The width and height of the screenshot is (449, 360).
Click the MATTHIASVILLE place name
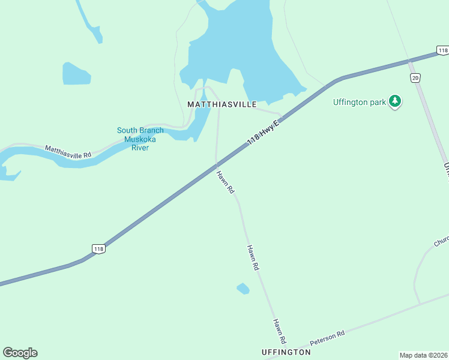tap(222, 104)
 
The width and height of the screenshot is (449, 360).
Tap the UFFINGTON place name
tap(286, 352)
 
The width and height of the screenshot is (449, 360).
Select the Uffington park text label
tap(360, 102)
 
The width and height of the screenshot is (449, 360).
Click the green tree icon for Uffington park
tap(395, 101)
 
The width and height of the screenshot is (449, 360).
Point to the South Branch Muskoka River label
tap(140, 139)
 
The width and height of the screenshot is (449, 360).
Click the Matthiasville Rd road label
tap(68, 151)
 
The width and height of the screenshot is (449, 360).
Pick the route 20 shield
tap(415, 78)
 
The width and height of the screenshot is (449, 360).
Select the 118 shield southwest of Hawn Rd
tap(99, 248)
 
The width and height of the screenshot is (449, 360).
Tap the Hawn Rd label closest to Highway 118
tap(225, 182)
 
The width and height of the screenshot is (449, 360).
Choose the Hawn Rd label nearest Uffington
tap(279, 331)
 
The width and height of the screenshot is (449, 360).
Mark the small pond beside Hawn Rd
tap(243, 289)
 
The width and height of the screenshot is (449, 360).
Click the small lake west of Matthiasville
tap(76, 74)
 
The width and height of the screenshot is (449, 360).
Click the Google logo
tap(20, 353)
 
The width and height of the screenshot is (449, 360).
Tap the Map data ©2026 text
tap(423, 355)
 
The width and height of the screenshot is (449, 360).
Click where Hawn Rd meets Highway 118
tap(217, 163)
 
